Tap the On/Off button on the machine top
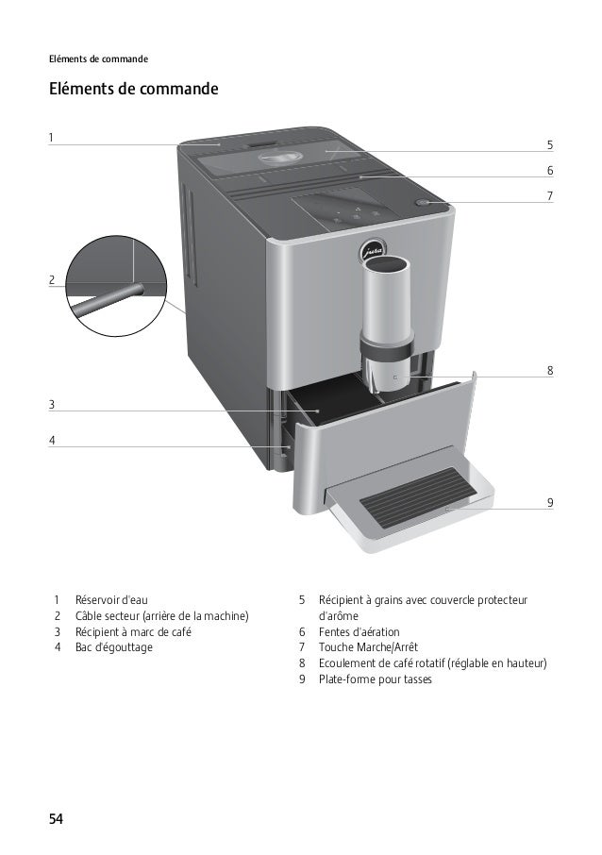pyautogui.click(x=424, y=202)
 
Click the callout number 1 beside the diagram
pyautogui.click(x=52, y=138)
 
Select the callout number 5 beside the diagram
pyautogui.click(x=550, y=145)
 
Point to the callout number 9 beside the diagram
pyautogui.click(x=550, y=503)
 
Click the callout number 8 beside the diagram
pyautogui.click(x=550, y=371)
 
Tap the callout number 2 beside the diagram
pyautogui.click(x=52, y=279)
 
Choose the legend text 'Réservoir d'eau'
pyautogui.click(x=111, y=600)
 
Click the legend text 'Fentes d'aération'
pyautogui.click(x=359, y=631)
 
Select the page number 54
pyautogui.click(x=57, y=817)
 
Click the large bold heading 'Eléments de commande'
pyautogui.click(x=133, y=91)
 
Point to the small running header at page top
pyautogui.click(x=99, y=59)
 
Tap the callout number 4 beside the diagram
pyautogui.click(x=52, y=440)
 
